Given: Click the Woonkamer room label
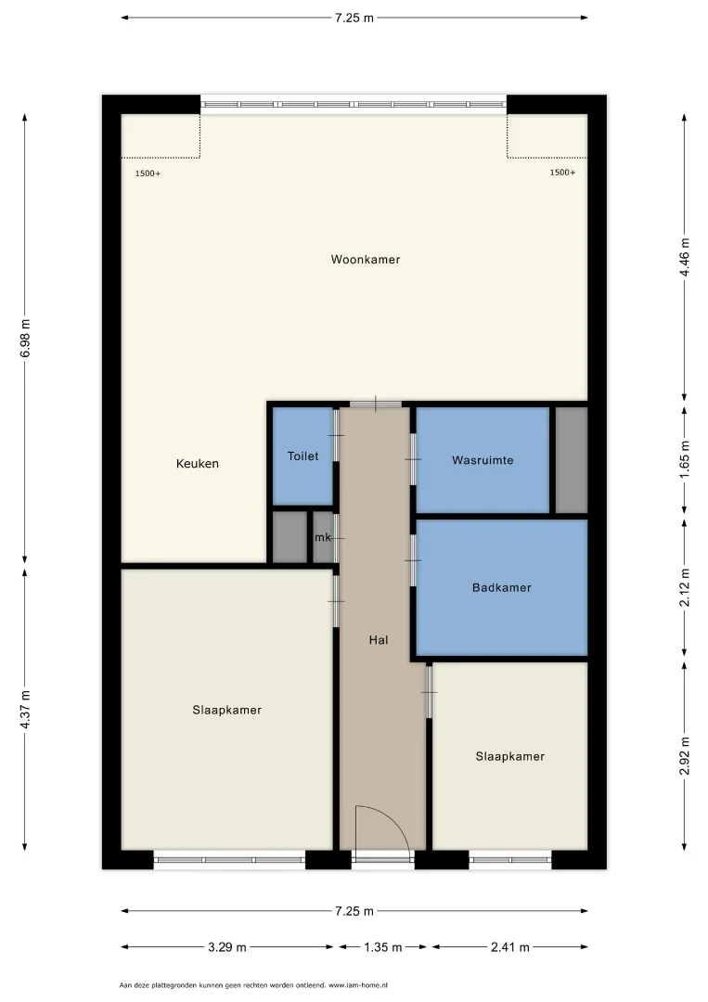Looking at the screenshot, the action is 366,260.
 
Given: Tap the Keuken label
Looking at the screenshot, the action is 198,464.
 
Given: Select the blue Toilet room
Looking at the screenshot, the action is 303,456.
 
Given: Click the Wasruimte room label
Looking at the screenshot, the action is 483,460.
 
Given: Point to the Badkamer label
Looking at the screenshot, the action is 502,587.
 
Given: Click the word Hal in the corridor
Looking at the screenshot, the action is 379,639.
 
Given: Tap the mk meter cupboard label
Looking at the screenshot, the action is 323,537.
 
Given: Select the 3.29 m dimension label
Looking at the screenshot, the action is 226,947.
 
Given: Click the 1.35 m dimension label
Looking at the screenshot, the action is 382,947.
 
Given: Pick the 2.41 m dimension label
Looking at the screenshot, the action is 510,947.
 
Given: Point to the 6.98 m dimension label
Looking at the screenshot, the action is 26,339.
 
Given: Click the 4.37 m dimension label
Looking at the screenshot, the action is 26,710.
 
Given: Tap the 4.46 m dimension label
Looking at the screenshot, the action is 685,257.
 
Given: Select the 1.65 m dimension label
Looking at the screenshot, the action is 685,459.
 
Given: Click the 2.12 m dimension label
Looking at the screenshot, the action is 685,587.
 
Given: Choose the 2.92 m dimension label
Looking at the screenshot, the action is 685,756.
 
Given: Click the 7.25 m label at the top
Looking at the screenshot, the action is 354,18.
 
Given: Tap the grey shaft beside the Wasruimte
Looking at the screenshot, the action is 572,460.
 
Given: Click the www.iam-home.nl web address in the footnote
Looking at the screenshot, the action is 358,985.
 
